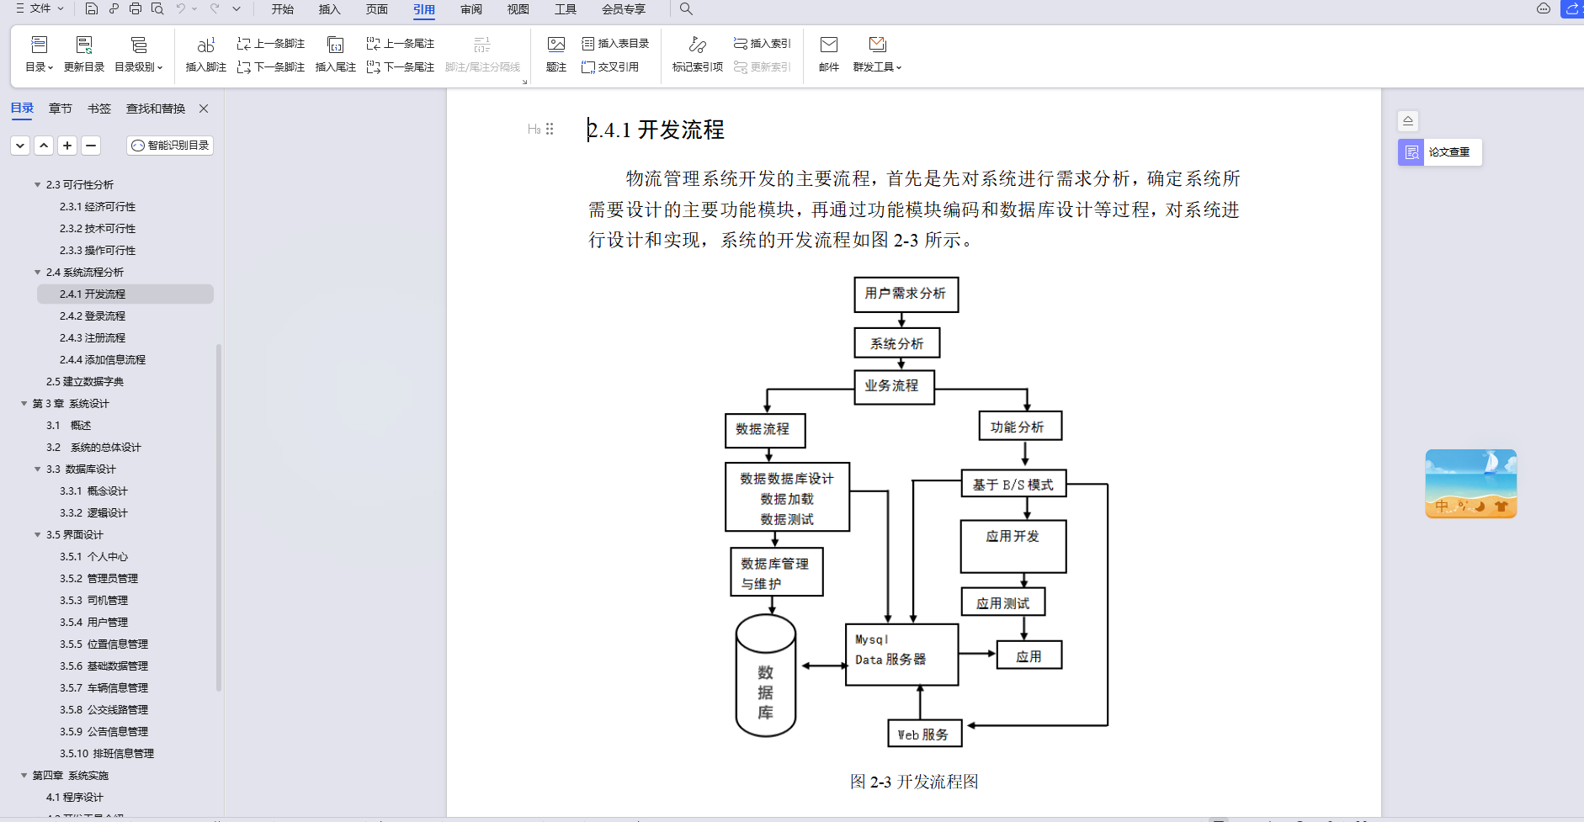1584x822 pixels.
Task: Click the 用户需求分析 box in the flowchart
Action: click(906, 294)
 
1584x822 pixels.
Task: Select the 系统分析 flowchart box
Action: click(897, 343)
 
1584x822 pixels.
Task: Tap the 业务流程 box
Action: click(893, 386)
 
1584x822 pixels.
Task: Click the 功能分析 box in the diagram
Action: click(1019, 427)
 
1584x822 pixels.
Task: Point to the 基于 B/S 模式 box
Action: click(1013, 485)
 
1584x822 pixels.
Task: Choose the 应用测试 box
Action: click(1003, 602)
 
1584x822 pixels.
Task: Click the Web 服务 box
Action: click(924, 734)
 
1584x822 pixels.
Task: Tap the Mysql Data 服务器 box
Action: click(901, 655)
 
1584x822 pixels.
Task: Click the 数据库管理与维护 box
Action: click(776, 573)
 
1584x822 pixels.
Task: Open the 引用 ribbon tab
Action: click(424, 9)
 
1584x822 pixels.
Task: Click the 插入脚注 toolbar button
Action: click(205, 54)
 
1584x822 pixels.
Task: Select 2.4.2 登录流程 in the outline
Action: click(93, 316)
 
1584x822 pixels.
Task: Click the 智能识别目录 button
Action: click(170, 146)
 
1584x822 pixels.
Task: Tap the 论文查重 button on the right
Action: click(1440, 152)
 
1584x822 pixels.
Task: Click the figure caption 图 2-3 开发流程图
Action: click(914, 782)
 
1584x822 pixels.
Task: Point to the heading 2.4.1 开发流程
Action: click(656, 130)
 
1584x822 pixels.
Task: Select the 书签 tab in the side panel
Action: click(99, 109)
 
